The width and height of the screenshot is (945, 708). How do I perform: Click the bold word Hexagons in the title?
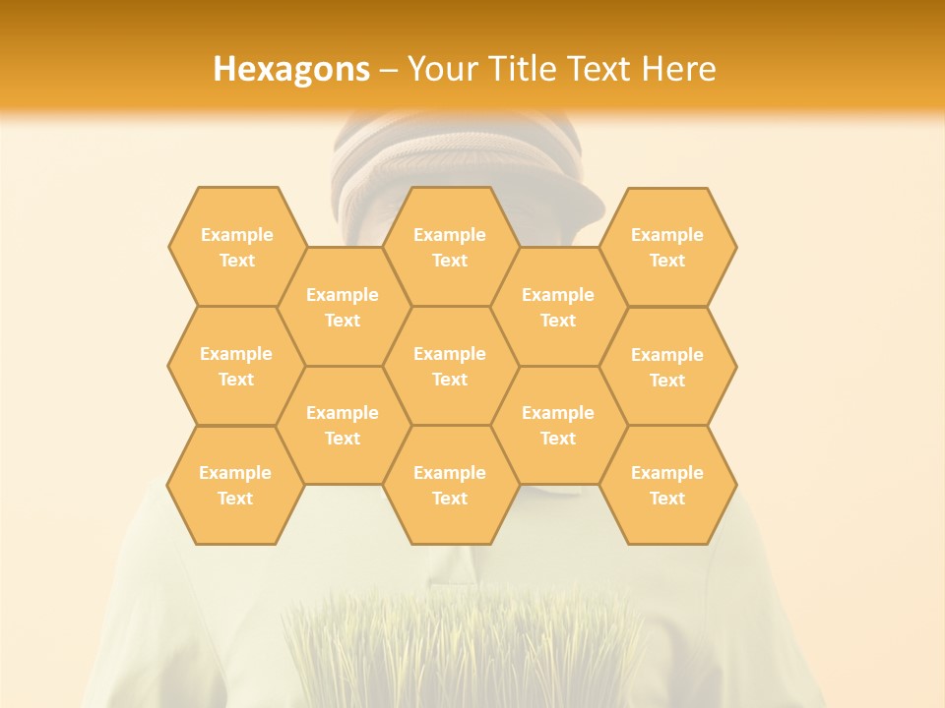pyautogui.click(x=291, y=69)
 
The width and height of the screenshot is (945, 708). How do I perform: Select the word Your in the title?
pyautogui.click(x=440, y=69)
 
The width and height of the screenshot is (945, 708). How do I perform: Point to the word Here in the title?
pyautogui.click(x=679, y=69)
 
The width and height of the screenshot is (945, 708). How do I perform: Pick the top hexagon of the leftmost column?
pyautogui.click(x=236, y=247)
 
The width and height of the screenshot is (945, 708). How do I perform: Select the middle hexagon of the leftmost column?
pyautogui.click(x=236, y=366)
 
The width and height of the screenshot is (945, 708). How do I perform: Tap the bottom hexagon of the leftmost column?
pyautogui.click(x=235, y=485)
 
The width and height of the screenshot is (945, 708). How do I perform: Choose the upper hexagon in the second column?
pyautogui.click(x=343, y=307)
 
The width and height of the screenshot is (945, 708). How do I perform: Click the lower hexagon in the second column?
pyautogui.click(x=343, y=425)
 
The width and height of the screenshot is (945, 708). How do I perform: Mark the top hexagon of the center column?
pyautogui.click(x=450, y=247)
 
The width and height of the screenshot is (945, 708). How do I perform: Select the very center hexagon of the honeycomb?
pyautogui.click(x=450, y=366)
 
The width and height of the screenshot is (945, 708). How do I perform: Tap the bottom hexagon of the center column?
pyautogui.click(x=450, y=485)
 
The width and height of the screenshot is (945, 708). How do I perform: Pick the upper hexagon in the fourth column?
pyautogui.click(x=558, y=307)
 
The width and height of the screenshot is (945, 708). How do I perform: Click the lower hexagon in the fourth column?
pyautogui.click(x=558, y=425)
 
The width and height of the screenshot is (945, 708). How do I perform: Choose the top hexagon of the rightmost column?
pyautogui.click(x=667, y=247)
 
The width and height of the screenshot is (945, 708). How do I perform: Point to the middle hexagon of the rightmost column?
pyautogui.click(x=667, y=367)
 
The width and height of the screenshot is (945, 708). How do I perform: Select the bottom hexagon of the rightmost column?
pyautogui.click(x=667, y=485)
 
